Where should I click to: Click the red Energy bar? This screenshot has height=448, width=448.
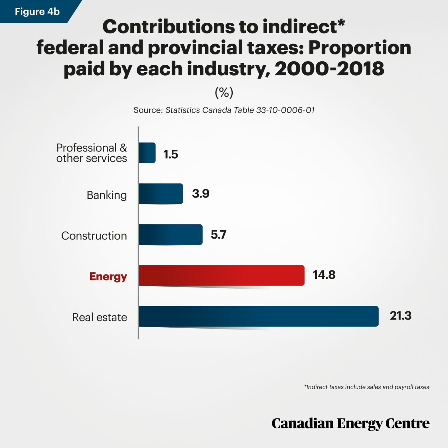pos(221,275)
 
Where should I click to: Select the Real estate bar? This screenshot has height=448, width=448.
pos(258,316)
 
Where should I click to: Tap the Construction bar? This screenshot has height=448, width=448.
pos(170,234)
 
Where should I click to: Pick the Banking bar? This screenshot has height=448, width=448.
pos(161,194)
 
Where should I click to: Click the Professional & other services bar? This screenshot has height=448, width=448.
pos(147,153)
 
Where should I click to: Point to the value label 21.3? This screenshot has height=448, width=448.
pos(400,316)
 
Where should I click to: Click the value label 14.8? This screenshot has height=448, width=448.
pos(324,275)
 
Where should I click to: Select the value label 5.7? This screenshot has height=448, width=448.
pos(218,234)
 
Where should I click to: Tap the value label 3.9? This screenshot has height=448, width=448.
pos(201,194)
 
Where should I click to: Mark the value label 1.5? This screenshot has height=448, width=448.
pos(170,154)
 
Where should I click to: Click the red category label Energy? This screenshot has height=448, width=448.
pos(108,276)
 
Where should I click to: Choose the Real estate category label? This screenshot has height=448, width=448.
pos(100,317)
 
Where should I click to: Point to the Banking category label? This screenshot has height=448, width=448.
pos(107,195)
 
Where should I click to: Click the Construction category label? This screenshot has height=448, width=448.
pos(94,236)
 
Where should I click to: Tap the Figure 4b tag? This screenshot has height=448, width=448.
pos(37,12)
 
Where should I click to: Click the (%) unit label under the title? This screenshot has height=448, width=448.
pos(224,92)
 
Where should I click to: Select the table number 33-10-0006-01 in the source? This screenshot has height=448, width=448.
pos(285,110)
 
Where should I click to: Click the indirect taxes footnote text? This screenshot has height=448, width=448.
pos(366,387)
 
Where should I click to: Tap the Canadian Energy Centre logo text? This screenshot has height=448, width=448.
pos(350,423)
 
